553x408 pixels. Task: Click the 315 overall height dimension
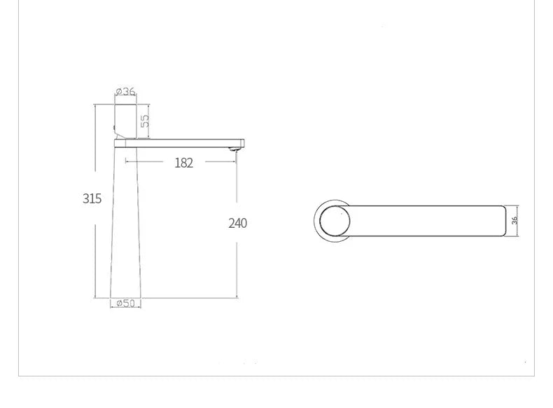click(92, 198)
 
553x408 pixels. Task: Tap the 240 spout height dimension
click(237, 224)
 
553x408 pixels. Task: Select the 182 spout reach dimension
click(183, 163)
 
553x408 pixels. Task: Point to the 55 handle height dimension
click(145, 121)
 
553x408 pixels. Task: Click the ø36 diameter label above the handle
click(125, 92)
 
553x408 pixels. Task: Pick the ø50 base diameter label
click(126, 303)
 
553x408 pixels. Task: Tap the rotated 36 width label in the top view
click(514, 220)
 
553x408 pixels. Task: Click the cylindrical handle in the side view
click(125, 121)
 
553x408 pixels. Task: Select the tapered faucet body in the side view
click(127, 224)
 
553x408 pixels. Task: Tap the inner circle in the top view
click(333, 222)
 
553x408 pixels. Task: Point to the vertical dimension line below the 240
click(237, 266)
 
